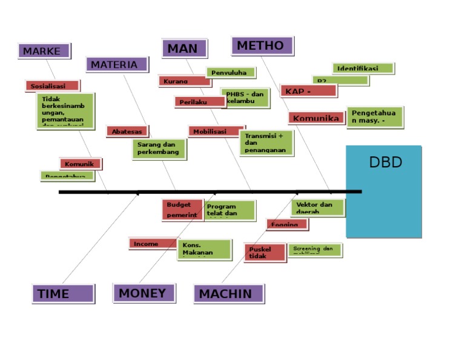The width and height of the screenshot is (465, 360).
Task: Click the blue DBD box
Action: pos(383,191)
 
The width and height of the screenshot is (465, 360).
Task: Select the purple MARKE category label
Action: pos(44,51)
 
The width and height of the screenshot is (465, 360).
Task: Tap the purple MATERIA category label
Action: pos(117,64)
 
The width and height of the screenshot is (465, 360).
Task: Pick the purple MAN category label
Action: pos(184,48)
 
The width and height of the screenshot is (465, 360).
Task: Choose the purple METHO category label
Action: pos(262,45)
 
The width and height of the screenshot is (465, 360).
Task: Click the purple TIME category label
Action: pos(63,294)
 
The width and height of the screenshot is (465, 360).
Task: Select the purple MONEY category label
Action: pos(143,293)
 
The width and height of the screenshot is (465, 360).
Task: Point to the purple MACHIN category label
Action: pos(228,294)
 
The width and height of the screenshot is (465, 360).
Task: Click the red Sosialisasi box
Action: pos(52,86)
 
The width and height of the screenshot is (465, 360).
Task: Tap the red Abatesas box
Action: pos(127,131)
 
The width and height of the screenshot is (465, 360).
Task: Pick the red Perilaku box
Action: pos(199,102)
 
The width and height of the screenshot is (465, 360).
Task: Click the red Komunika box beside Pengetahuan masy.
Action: pos(316,118)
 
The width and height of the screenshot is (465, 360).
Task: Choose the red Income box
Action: pos(153,244)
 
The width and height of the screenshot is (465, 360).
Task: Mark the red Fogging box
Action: pos(287,224)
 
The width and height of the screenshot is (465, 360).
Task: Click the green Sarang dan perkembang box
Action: pos(159,149)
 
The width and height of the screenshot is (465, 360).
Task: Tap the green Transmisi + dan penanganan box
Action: pos(266,143)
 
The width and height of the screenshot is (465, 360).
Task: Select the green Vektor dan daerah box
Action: pos(318,207)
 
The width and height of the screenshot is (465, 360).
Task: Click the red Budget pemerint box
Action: pos(182,210)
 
